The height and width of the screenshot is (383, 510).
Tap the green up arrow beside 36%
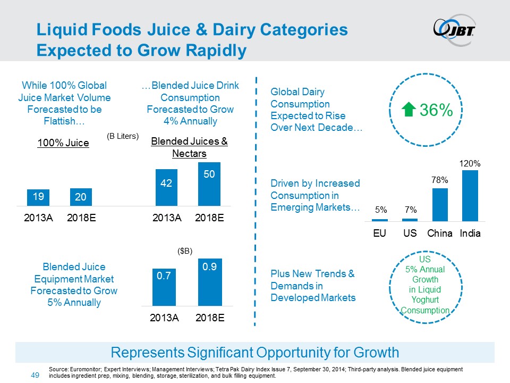pos(410,110)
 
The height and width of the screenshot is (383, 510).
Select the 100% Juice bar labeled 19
pos(38,197)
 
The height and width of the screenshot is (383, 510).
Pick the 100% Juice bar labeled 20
pos(81,198)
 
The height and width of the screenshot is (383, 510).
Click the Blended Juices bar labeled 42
pos(166,187)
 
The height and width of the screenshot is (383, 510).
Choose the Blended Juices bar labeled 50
pos(209,184)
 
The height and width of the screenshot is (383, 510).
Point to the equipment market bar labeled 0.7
pos(164,287)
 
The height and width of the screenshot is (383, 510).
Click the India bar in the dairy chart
pos(470,195)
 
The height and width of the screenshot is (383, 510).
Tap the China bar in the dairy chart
pos(440,204)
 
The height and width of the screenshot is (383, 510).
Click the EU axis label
pos(380,234)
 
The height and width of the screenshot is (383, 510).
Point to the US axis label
pos(410,234)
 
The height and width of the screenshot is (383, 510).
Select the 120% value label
pos(470,164)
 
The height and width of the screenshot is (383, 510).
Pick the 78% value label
pos(440,181)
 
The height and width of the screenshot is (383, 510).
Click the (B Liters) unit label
pos(123,136)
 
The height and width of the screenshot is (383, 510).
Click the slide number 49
pos(36,376)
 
